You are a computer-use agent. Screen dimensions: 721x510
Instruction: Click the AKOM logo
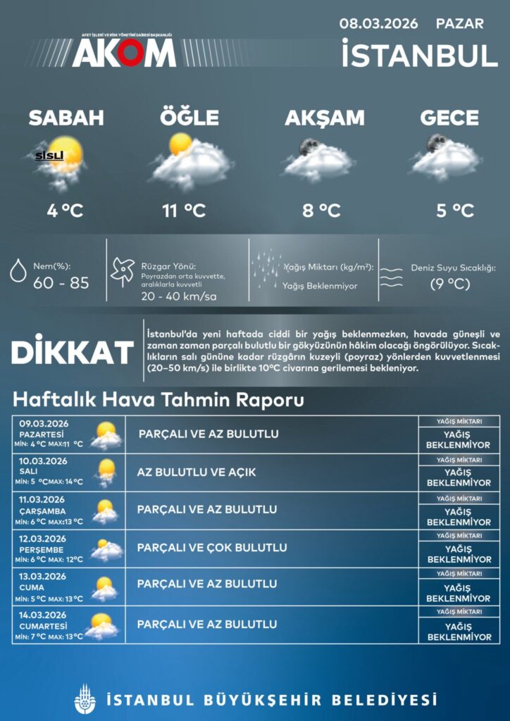(123, 51)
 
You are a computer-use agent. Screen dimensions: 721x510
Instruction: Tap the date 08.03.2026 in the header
(378, 23)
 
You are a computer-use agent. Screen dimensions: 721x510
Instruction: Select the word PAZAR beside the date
(459, 23)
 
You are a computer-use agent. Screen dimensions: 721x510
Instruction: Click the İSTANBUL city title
(419, 55)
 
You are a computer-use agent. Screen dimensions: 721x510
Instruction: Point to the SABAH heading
(66, 118)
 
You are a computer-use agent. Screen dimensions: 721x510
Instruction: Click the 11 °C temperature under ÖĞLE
(184, 210)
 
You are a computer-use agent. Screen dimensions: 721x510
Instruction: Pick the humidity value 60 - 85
(61, 283)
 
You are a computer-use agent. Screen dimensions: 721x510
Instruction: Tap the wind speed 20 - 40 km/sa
(179, 296)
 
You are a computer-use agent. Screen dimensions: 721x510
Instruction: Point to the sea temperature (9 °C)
(450, 284)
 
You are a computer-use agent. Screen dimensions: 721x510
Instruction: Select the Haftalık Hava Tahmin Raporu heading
(158, 400)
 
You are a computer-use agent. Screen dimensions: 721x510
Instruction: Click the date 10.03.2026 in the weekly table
(44, 461)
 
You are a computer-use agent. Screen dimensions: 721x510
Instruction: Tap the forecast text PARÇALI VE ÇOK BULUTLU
(212, 548)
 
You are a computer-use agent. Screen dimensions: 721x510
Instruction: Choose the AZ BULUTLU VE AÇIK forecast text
(197, 472)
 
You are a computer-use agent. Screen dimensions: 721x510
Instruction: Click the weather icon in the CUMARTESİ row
(103, 625)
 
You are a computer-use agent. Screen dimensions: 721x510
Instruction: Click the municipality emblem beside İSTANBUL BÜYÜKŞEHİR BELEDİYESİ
(85, 699)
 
